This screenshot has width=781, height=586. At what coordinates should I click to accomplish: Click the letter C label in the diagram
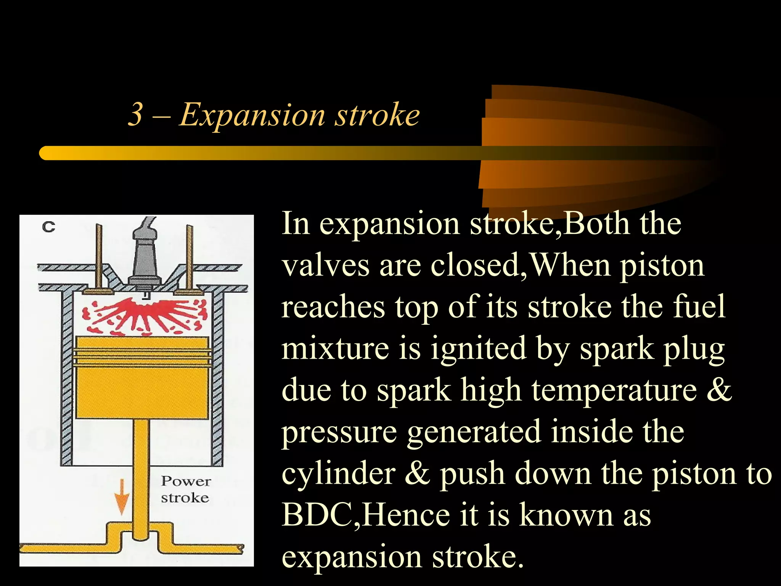48,227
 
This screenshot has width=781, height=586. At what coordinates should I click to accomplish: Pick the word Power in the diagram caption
186,481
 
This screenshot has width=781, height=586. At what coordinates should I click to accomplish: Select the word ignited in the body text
478,349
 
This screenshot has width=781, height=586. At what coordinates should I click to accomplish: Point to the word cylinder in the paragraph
338,473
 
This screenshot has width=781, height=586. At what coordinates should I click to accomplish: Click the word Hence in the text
407,515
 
